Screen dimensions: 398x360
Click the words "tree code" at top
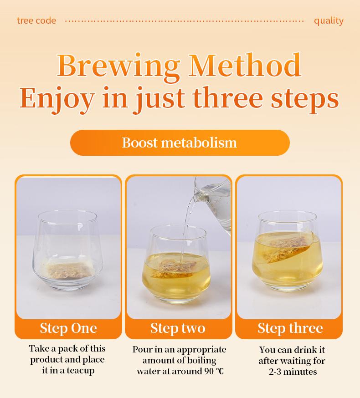pos(36,20)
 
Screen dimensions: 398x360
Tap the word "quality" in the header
pos(329,20)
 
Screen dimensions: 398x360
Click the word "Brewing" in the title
pos(118,66)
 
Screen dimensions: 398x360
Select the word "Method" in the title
pos(245,66)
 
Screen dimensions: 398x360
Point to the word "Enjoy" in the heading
pos(57,97)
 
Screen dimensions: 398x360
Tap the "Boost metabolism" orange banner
pos(180,143)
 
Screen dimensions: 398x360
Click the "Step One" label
pos(68,328)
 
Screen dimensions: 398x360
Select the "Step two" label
pos(178,328)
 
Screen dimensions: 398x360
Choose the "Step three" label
pos(290,328)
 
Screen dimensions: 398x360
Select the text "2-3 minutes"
pos(292,372)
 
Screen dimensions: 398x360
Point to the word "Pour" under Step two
pos(142,350)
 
